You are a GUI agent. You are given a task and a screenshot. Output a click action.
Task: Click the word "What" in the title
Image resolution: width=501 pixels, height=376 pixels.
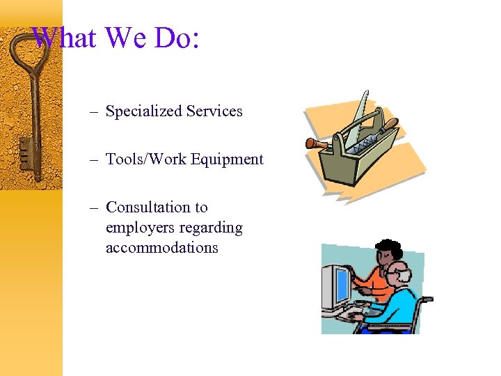tap(65, 38)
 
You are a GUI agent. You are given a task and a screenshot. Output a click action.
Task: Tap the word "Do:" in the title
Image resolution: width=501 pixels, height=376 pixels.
tap(177, 38)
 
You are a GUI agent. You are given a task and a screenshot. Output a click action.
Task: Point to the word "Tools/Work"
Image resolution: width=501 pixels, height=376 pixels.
tap(146, 159)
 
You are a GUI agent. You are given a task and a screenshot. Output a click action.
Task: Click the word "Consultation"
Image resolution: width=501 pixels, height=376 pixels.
tap(148, 207)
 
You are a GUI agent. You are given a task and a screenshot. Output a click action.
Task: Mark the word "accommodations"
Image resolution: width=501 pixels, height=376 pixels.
tap(161, 248)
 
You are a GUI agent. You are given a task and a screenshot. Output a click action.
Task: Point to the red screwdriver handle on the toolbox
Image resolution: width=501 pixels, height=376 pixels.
tap(317, 143)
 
